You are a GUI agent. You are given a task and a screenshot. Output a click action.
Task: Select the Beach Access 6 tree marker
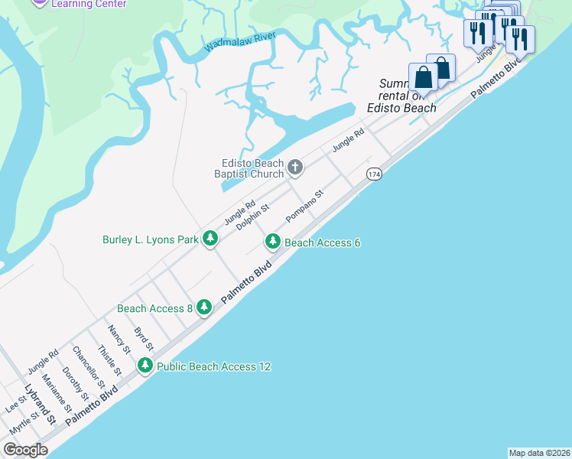click(x=272, y=243)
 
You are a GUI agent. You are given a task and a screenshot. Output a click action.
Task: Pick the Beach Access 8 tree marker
click(x=203, y=308)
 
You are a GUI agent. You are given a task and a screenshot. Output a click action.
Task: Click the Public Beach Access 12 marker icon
click(x=145, y=366)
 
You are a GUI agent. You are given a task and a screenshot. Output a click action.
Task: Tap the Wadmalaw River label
click(x=239, y=42)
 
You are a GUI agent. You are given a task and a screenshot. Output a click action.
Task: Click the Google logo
click(x=26, y=450)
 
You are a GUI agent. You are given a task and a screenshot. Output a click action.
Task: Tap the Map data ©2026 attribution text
click(x=539, y=453)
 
